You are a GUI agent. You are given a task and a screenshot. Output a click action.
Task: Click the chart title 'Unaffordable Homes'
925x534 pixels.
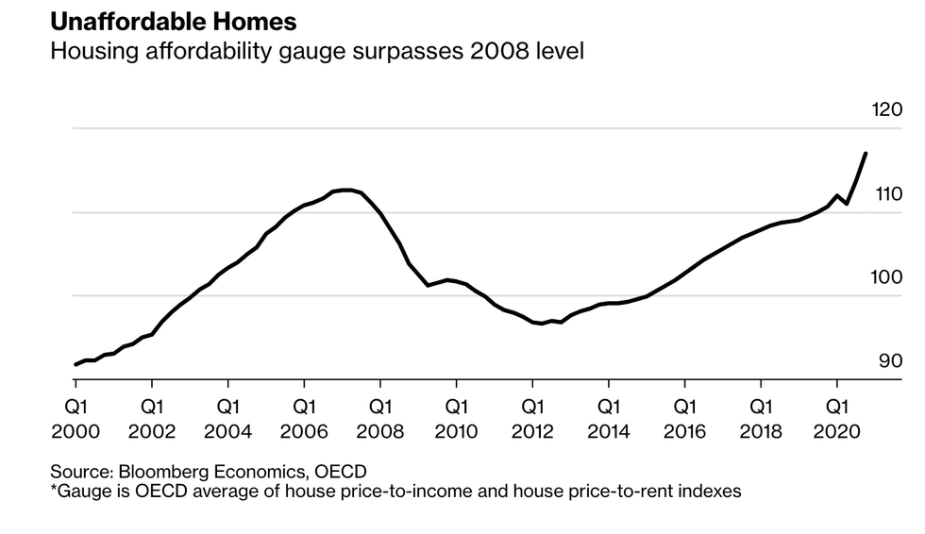tap(160, 20)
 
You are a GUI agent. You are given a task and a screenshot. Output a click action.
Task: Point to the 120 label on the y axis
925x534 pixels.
tap(888, 110)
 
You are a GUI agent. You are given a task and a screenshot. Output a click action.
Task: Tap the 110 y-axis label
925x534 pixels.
tap(888, 194)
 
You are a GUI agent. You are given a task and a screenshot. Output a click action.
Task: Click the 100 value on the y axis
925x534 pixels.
tap(888, 277)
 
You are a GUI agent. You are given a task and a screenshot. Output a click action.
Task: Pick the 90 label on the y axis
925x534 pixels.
tap(890, 361)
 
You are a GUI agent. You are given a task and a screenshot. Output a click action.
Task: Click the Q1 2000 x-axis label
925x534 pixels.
tap(75, 419)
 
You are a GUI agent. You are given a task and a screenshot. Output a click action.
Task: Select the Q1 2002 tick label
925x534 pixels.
tap(151, 419)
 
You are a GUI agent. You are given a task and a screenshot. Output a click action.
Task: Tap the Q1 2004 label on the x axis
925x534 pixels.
tap(227, 419)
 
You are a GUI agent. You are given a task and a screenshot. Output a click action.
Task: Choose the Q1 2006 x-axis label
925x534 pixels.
tap(303, 419)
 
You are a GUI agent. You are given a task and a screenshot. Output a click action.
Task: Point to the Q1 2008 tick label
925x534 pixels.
tap(379, 419)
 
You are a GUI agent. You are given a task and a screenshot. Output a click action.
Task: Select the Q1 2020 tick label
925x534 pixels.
tap(836, 419)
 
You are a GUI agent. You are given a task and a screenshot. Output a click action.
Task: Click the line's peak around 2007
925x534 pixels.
tap(347, 190)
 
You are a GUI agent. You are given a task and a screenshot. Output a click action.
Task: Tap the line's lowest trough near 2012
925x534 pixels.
tap(541, 324)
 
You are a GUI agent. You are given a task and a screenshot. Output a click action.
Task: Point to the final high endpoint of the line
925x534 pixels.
tap(866, 153)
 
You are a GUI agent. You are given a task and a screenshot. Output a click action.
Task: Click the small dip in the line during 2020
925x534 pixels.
tap(847, 204)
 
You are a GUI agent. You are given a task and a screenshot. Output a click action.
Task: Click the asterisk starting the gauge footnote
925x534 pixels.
tap(54, 489)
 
